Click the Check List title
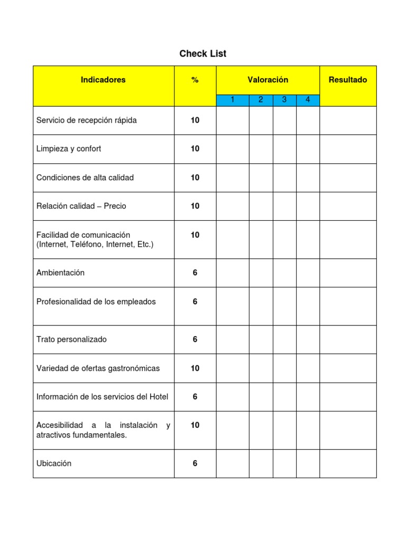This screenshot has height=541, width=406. [202, 54]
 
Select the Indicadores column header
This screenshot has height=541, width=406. [103, 80]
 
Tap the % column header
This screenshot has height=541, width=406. [195, 80]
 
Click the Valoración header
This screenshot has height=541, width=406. [267, 80]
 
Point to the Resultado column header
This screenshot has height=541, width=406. [348, 80]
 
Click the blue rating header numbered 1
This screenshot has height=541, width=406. [233, 100]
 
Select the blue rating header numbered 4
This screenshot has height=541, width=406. [308, 100]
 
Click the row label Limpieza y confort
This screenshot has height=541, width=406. [69, 149]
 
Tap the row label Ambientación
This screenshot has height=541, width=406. [60, 273]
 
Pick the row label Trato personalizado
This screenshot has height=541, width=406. [71, 340]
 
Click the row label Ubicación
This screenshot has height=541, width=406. [54, 464]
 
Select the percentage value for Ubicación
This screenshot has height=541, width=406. [195, 464]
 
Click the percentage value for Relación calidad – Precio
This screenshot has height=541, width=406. [195, 207]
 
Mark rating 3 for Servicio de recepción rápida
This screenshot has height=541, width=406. [284, 120]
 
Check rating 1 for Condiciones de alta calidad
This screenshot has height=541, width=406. [233, 178]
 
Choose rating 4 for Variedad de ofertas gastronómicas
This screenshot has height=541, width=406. [308, 368]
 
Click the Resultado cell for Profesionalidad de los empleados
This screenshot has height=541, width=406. [348, 306]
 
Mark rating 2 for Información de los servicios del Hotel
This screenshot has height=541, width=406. [261, 397]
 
